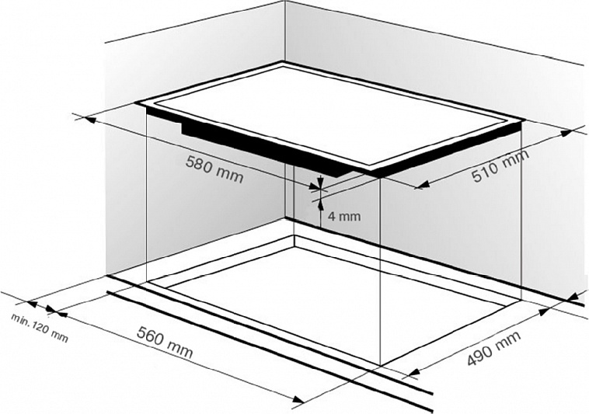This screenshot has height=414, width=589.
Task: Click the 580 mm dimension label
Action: (x=214, y=169)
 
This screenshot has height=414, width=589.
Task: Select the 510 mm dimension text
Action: (x=500, y=165)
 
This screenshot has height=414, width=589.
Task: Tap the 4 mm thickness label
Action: (x=344, y=216)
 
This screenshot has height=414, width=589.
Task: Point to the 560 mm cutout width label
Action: (x=165, y=343)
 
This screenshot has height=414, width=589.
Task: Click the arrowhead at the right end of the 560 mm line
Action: (x=298, y=400)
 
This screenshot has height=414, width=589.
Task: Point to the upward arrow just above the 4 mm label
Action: (x=320, y=204)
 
